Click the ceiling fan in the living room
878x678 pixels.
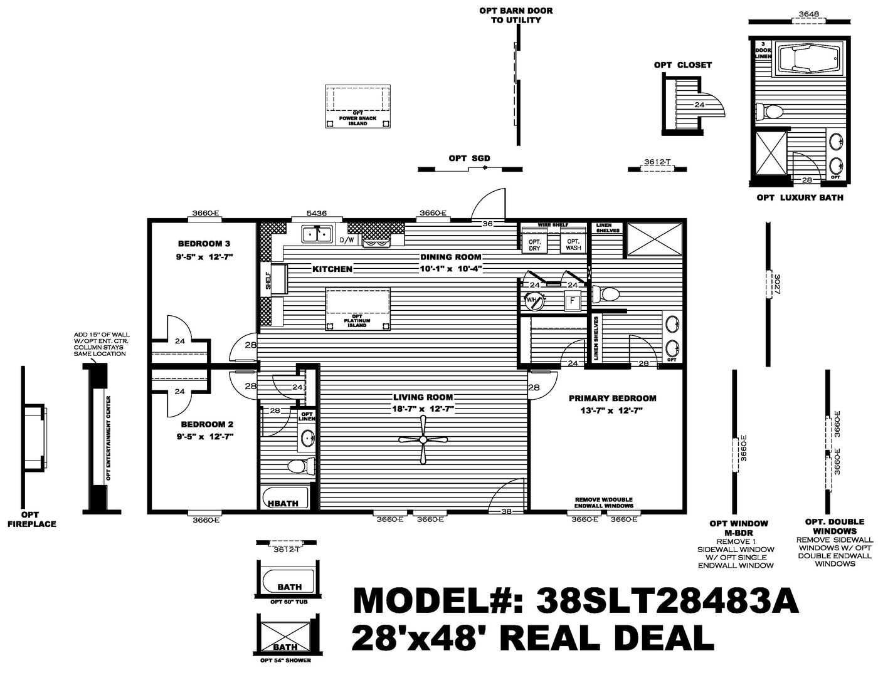point(423,440)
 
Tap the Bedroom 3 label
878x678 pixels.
point(204,244)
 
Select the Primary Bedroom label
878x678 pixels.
point(612,398)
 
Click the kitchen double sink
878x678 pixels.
point(317,234)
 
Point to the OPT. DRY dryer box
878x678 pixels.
point(534,244)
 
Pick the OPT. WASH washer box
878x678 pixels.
point(573,244)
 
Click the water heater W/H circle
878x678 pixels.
point(532,300)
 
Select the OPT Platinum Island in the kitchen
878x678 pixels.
point(357,308)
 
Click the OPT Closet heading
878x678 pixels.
point(682,65)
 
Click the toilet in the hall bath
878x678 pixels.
point(300,465)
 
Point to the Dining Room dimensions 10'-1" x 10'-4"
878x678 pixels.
point(450,269)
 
